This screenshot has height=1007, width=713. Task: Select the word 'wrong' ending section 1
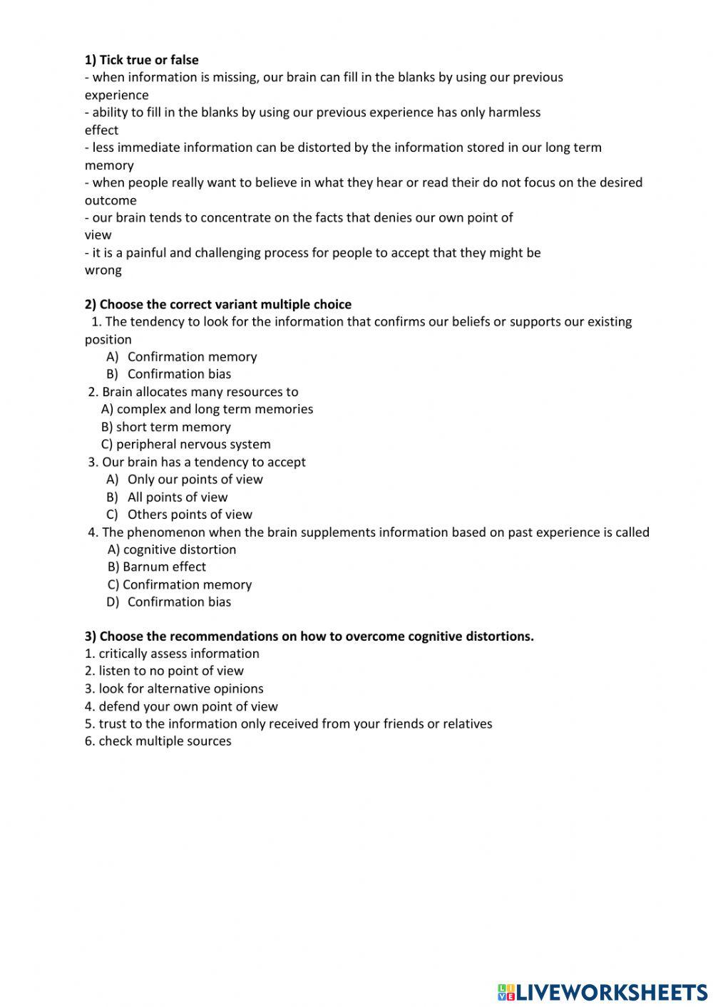point(103,270)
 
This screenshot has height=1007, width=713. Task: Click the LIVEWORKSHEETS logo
point(602,992)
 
